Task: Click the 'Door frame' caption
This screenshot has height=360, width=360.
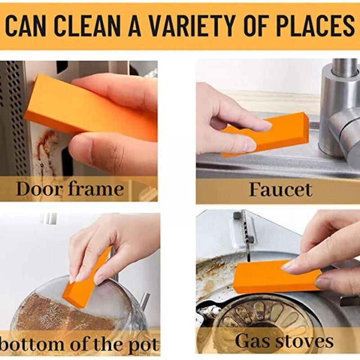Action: (70, 189)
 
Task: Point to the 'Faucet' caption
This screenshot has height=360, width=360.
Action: (280, 189)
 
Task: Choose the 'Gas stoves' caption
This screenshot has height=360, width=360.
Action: (284, 341)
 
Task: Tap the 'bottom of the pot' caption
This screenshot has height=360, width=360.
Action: (80, 345)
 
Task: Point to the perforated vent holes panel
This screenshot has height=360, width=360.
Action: (13, 117)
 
